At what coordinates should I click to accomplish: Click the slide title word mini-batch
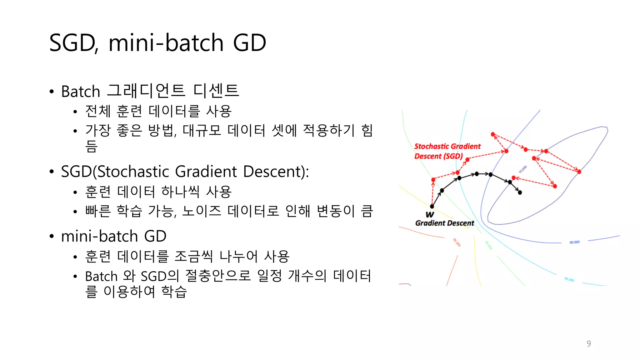[x=166, y=43]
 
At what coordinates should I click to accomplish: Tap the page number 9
[x=589, y=343]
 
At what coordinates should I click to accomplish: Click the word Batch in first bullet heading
[x=80, y=92]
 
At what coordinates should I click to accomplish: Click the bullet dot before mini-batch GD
[x=52, y=236]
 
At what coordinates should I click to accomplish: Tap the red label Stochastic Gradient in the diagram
[x=447, y=146]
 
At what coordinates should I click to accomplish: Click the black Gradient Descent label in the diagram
[x=444, y=223]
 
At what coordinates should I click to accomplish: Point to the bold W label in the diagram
[x=430, y=214]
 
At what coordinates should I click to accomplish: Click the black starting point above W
[x=432, y=206]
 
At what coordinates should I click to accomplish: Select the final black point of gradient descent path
[x=520, y=192]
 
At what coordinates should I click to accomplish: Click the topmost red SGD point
[x=493, y=134]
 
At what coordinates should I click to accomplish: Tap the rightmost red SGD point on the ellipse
[x=579, y=172]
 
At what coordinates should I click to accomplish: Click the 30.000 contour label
[x=574, y=242]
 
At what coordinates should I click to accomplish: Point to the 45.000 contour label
[x=569, y=279]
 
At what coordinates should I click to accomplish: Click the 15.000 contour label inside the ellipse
[x=522, y=169]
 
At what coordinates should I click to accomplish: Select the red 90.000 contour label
[x=457, y=242]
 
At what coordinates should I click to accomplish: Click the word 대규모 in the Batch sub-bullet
[x=202, y=131]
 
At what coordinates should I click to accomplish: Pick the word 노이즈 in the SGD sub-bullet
[x=202, y=211]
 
